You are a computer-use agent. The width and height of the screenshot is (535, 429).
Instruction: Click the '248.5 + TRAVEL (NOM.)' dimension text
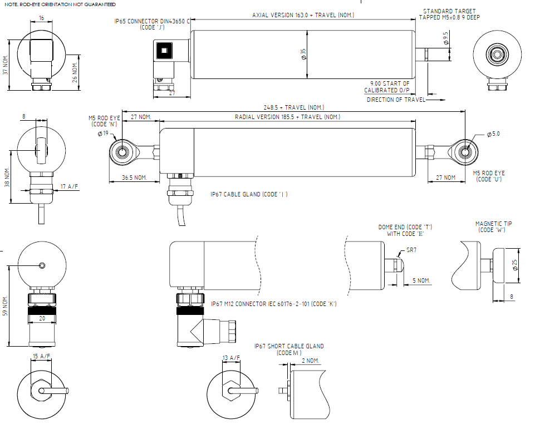[293, 107]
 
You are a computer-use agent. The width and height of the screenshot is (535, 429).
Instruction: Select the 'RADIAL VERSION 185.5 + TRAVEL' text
[287, 117]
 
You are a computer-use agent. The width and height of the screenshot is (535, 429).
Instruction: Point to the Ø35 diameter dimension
[303, 54]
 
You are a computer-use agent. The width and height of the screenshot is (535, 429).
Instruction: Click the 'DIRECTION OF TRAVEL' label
[396, 100]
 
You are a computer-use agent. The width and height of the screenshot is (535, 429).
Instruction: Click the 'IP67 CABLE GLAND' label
[249, 194]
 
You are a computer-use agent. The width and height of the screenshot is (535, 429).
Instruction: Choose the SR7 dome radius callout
[412, 251]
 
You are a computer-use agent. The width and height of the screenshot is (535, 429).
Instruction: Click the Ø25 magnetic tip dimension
[516, 265]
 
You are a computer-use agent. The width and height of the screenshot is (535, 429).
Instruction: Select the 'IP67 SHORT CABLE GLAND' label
[289, 346]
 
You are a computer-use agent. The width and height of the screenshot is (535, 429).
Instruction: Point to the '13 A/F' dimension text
[231, 358]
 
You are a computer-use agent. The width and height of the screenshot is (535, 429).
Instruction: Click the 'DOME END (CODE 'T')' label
[405, 227]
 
